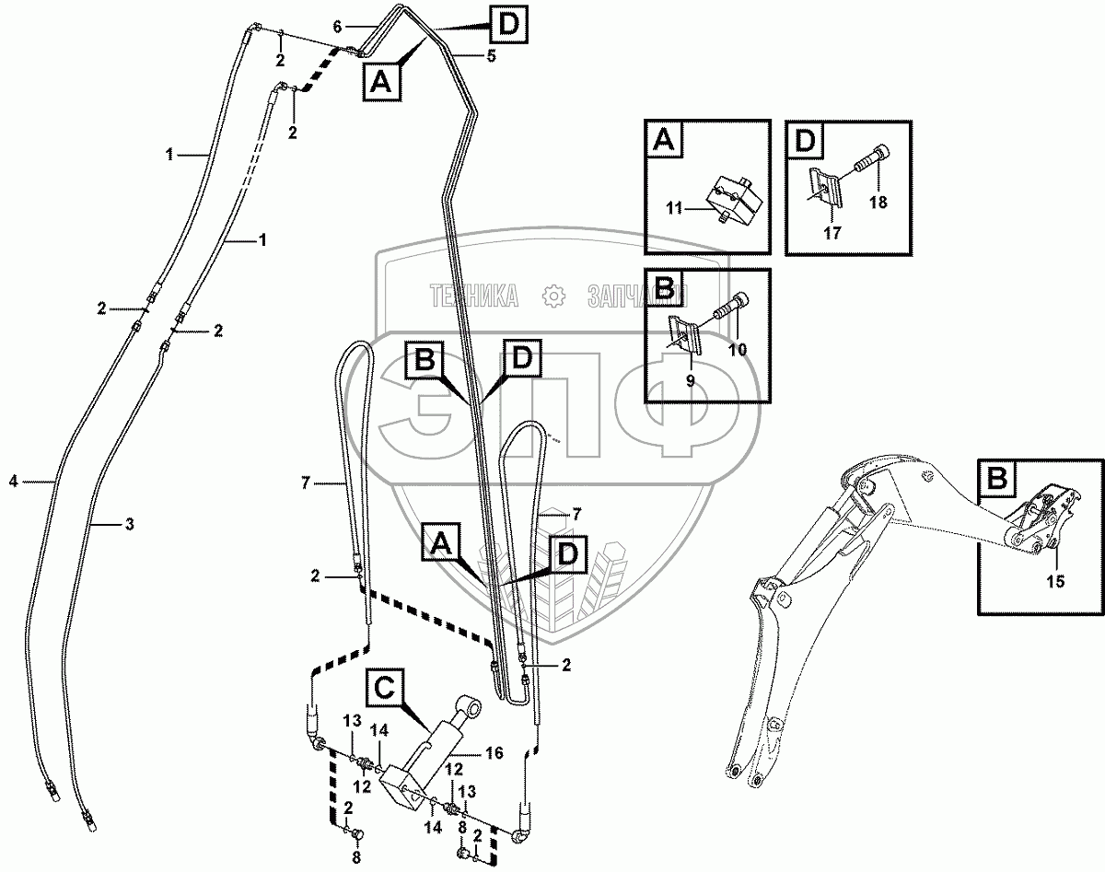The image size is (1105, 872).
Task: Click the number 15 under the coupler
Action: pyautogui.click(x=1055, y=581)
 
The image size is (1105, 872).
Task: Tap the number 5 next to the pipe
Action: pyautogui.click(x=491, y=56)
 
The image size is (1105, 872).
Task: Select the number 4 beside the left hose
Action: pyautogui.click(x=13, y=480)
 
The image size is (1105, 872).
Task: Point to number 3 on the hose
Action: pyautogui.click(x=129, y=524)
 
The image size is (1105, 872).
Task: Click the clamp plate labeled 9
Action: pyautogui.click(x=687, y=331)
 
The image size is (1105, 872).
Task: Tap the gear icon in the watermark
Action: pyautogui.click(x=552, y=296)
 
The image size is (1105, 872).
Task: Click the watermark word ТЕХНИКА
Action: pyautogui.click(x=471, y=296)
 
